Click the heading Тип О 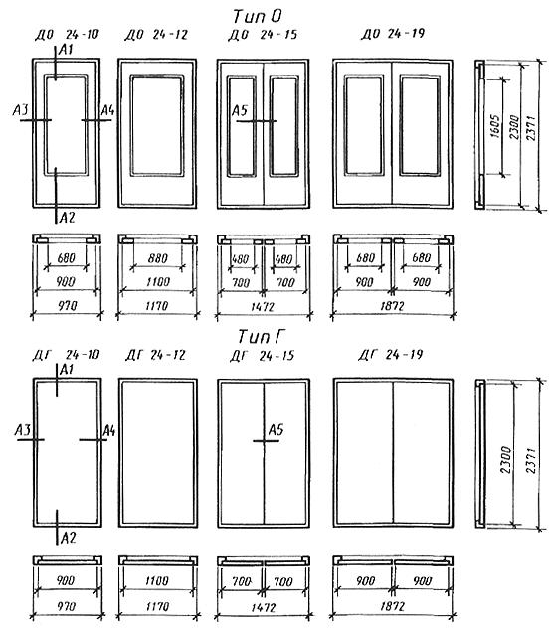(258, 16)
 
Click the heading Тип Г (260, 336)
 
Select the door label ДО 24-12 (156, 35)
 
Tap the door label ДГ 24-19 (391, 355)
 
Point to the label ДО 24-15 (263, 35)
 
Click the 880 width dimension (157, 258)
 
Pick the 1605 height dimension (495, 126)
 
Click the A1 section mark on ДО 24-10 (66, 50)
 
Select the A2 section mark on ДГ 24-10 (68, 538)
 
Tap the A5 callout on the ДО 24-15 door (240, 110)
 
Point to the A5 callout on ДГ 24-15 (276, 430)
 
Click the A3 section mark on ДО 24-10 (21, 109)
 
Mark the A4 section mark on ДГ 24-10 (109, 431)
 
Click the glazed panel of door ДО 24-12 (157, 125)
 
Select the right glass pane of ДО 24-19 (420, 125)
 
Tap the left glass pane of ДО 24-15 (242, 126)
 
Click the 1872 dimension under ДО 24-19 (392, 306)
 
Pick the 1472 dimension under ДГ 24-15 (263, 608)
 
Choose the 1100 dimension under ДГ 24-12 (157, 580)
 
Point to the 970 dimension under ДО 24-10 (67, 306)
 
